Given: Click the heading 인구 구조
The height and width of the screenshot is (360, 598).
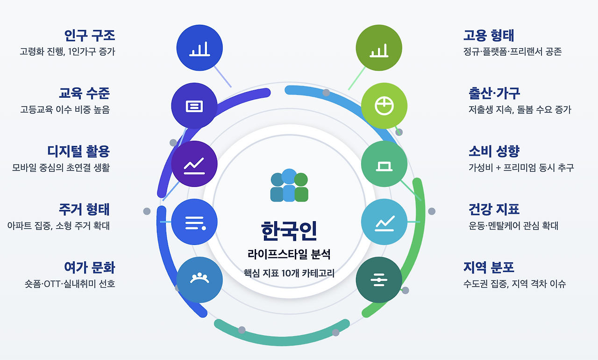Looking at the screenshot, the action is [x=90, y=36].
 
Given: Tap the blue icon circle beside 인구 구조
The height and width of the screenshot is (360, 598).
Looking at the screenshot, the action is [x=199, y=48].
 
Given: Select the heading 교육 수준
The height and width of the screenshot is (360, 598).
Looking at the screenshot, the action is [x=84, y=94].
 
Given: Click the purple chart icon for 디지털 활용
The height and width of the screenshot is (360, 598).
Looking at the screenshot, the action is [x=194, y=164].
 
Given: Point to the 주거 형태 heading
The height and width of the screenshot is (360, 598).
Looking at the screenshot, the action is [x=84, y=209].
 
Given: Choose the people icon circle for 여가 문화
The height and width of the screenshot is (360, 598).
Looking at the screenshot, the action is [x=200, y=279].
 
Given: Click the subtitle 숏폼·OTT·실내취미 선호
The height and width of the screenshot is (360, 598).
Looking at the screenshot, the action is [x=70, y=284].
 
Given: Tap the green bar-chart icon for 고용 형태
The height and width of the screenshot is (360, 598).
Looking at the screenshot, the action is [x=379, y=48].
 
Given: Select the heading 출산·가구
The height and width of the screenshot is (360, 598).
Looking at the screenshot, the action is [x=494, y=94].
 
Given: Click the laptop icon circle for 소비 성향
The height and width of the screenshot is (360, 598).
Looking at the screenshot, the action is [x=384, y=164].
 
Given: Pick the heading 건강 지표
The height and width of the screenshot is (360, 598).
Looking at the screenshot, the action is [x=494, y=209].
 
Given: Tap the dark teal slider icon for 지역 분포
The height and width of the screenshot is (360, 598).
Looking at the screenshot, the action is [x=379, y=280].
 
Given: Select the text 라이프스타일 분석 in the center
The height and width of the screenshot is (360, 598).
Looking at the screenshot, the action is [x=289, y=255].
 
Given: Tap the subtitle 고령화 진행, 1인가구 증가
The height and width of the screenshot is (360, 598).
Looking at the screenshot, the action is [x=67, y=52].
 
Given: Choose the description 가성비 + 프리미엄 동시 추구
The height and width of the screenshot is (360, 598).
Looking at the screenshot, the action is [x=521, y=168].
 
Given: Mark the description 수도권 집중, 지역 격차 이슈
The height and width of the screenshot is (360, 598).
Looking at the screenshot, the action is [x=515, y=284].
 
